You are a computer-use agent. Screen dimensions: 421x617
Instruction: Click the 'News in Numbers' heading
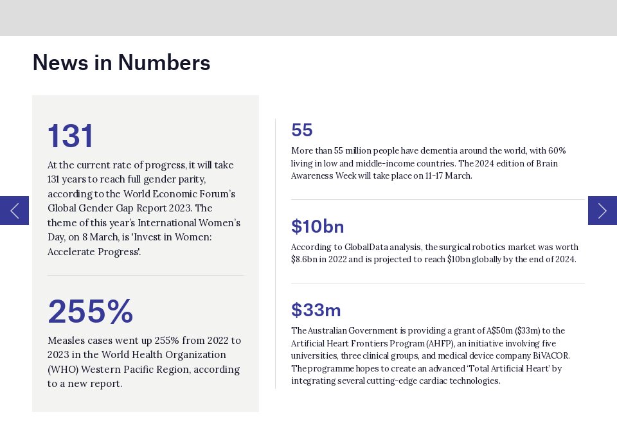(x=121, y=63)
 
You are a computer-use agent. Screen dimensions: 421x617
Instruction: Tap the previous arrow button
(x=14, y=210)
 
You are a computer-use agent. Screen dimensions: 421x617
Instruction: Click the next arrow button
(x=602, y=210)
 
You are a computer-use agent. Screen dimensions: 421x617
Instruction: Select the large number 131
(x=71, y=136)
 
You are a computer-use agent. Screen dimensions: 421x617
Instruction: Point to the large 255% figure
(x=91, y=312)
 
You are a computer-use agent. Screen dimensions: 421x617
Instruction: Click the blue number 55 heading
(x=302, y=130)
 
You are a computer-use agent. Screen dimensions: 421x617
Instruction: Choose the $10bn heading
(x=317, y=227)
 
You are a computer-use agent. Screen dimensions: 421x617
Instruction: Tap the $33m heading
(x=316, y=310)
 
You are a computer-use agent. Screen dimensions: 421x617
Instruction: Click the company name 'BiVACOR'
(x=551, y=356)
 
